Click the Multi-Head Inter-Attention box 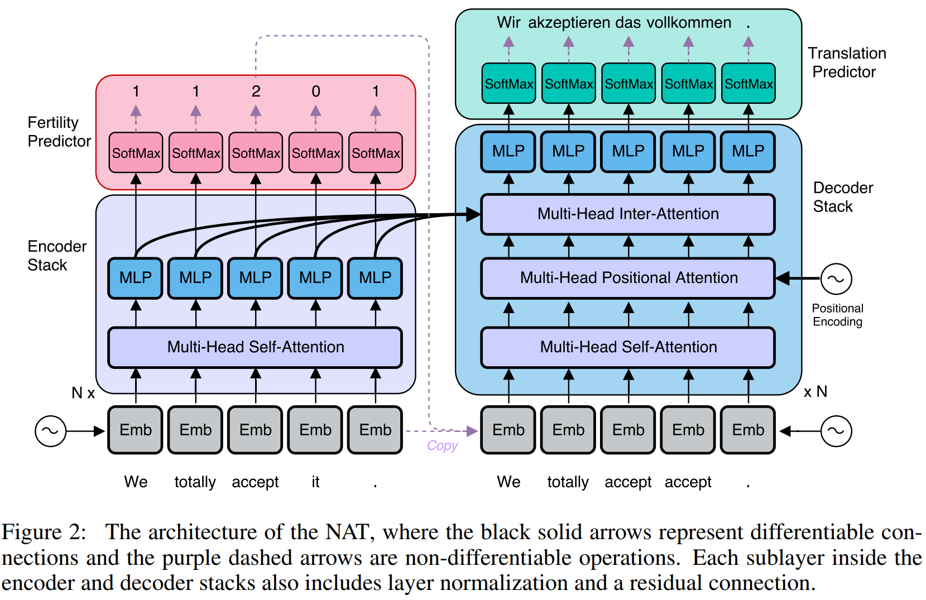[627, 214]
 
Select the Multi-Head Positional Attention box [627, 278]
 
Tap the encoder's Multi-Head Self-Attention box [255, 347]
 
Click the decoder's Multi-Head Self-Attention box [627, 347]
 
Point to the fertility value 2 [256, 91]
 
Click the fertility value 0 [316, 91]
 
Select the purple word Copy [442, 445]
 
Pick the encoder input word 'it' [315, 482]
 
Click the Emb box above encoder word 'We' [136, 430]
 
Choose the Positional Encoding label [837, 315]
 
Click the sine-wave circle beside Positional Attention [836, 279]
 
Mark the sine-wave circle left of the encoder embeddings [50, 431]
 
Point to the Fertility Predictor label [59, 132]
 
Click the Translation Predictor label [846, 63]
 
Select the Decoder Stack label [842, 197]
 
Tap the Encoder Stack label [57, 256]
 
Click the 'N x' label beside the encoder [83, 393]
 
